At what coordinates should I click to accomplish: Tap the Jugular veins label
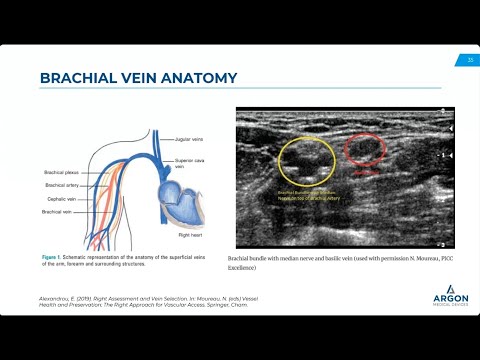[x=190, y=139]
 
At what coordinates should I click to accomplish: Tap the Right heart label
[x=190, y=235]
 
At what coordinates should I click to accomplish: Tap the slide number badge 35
[x=470, y=60]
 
